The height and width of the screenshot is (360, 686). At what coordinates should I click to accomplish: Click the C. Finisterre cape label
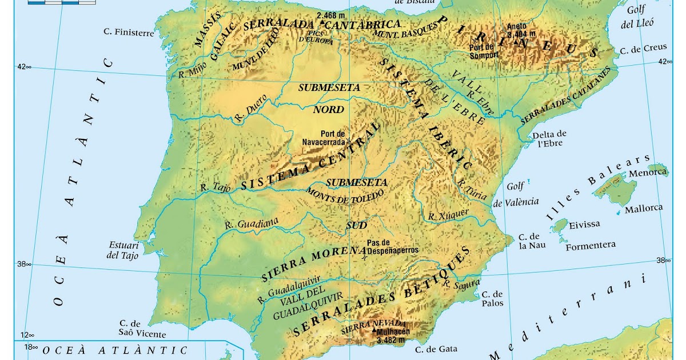pos(129,33)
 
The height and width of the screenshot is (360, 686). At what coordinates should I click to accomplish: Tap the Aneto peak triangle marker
pos(516,42)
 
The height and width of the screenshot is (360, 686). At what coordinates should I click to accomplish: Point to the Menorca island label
pos(647,173)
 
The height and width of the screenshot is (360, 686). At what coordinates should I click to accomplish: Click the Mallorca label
pos(644,208)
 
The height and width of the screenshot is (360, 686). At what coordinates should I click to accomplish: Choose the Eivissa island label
pos(585,225)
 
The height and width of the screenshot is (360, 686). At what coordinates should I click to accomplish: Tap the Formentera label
pos(591,245)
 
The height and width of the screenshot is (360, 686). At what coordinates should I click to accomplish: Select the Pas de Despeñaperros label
pos(393,246)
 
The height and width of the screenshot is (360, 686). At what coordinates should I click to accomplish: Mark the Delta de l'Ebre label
pos(549,139)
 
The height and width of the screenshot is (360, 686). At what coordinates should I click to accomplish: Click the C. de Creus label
pos(643,50)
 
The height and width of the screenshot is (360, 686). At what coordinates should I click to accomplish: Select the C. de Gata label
pos(436,349)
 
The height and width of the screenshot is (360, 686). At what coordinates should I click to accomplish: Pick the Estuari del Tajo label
pos(123,250)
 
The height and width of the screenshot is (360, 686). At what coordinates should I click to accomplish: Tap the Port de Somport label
pos(484,51)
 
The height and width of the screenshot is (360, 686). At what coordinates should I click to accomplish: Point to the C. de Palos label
pos(492,298)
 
